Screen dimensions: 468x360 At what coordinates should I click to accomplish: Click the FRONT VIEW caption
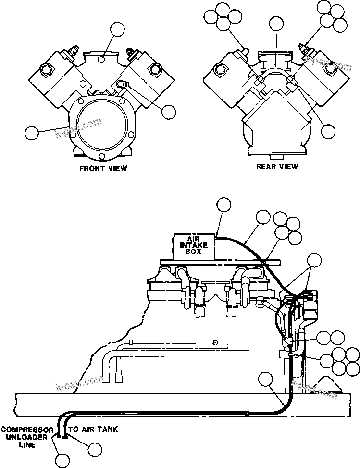tap(103, 169)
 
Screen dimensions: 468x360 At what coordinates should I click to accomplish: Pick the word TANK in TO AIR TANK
tap(106, 429)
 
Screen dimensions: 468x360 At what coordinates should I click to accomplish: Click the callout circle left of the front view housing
tap(32, 133)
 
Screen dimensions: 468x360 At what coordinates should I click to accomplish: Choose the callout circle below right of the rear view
tap(328, 130)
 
